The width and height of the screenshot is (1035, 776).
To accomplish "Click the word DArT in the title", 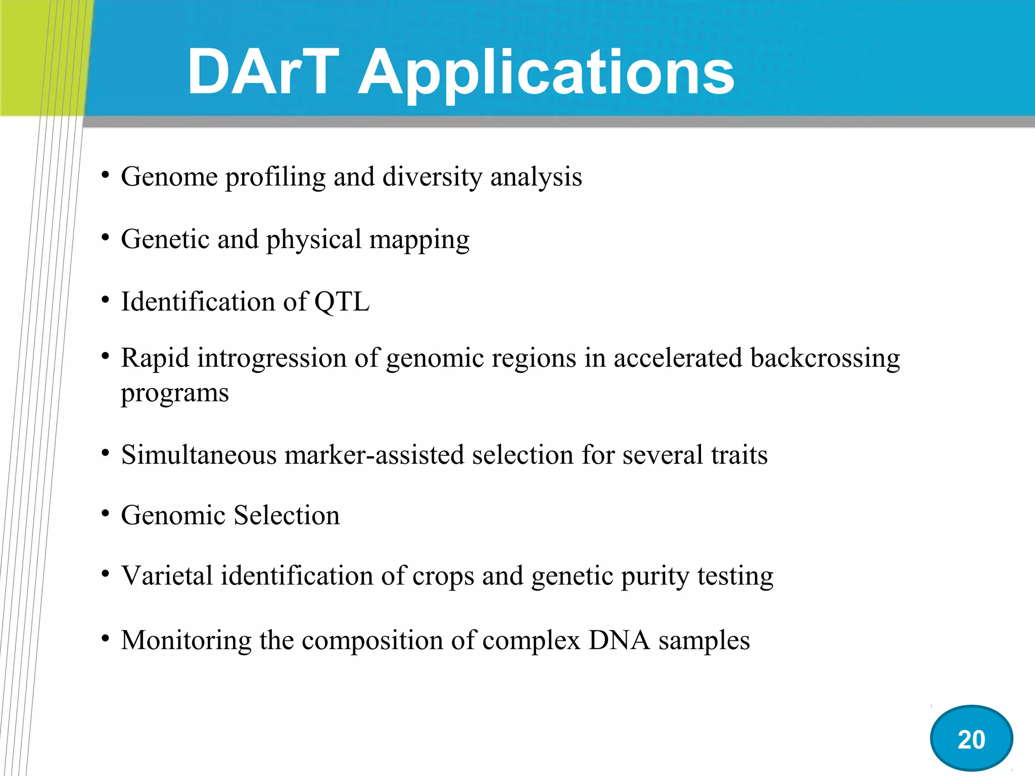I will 263,72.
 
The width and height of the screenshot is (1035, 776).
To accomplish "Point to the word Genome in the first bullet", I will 169,177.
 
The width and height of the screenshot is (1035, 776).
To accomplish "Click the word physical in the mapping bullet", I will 314,240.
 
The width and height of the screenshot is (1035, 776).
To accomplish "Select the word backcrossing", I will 825,358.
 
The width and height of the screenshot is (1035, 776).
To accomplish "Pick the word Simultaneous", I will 199,455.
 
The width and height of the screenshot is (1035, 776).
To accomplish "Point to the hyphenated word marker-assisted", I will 374,455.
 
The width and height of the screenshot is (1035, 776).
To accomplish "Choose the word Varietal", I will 167,576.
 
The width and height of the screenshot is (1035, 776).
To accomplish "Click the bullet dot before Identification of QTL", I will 105,301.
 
